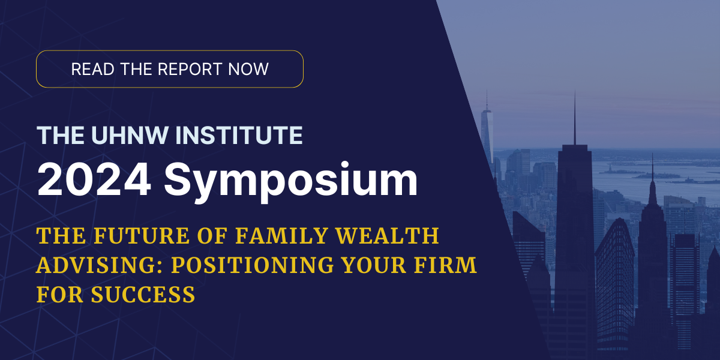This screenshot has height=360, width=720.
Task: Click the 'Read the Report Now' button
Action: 170,69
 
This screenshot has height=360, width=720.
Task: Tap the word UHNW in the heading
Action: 130,136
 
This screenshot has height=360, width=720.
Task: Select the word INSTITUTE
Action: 239,136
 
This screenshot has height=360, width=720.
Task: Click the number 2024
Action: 94,179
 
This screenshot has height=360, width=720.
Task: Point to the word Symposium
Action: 291,182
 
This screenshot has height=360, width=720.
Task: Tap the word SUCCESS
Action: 143,295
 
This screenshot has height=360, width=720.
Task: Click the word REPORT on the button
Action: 190,69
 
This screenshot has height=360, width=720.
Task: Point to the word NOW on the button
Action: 248,69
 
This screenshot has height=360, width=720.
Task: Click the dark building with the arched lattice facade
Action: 614,283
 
